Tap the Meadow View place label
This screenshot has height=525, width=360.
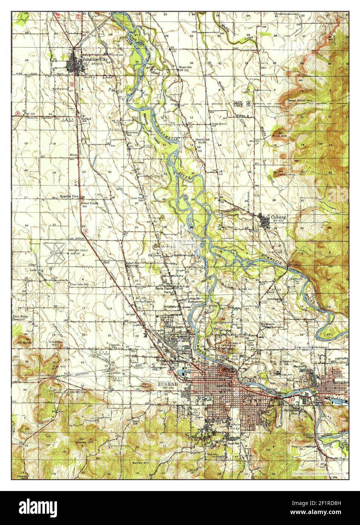69,197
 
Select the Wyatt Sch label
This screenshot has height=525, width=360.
186,67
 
